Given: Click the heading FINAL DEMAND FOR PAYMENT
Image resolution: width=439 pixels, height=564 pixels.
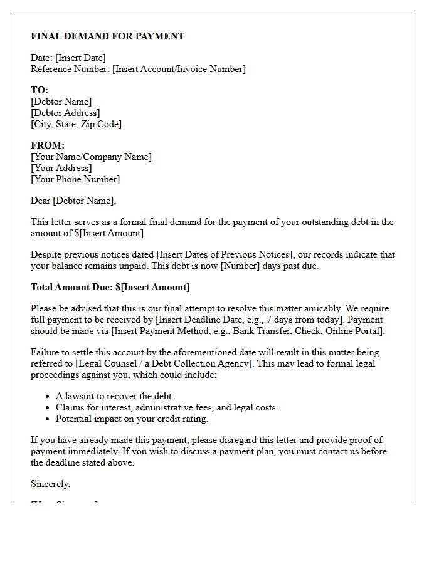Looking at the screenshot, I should [x=107, y=36].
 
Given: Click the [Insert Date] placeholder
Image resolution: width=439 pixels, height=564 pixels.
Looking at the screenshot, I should [x=81, y=58].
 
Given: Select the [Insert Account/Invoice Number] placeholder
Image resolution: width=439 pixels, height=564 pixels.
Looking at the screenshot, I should [x=179, y=69].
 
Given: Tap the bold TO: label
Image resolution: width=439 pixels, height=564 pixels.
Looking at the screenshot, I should [x=40, y=90].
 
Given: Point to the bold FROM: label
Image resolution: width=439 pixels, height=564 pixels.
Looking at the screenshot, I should [x=48, y=145].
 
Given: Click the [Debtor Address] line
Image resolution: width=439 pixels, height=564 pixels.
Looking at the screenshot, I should [x=65, y=113].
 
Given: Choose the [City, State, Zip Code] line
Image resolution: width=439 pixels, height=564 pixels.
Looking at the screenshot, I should [x=76, y=124].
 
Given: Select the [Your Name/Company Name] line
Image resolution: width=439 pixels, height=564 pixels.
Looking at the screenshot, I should [x=91, y=157].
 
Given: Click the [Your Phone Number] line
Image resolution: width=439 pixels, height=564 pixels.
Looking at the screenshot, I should [x=75, y=179].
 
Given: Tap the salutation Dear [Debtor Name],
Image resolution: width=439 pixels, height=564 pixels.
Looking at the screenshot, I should [x=73, y=201].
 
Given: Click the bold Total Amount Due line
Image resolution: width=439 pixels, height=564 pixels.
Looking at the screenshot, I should [x=110, y=287].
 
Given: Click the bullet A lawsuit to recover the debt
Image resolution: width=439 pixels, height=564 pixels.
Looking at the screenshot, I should [x=115, y=396].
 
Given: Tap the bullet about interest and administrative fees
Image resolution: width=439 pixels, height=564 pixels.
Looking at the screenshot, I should [x=166, y=407].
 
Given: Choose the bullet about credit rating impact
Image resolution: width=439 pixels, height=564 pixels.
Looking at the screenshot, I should [x=132, y=419].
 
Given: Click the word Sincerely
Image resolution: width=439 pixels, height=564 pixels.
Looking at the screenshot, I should [x=50, y=484].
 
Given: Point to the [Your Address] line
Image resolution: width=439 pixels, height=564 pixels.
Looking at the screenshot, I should [x=61, y=168].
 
